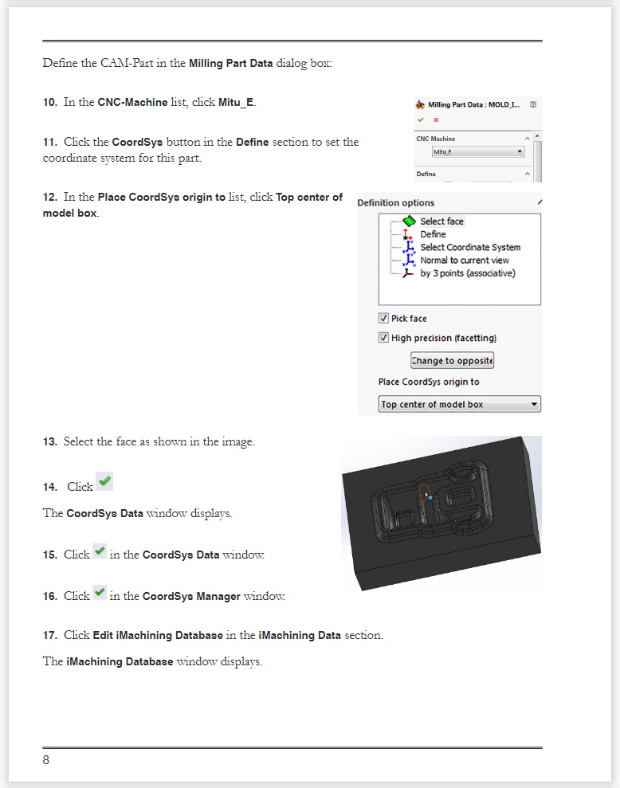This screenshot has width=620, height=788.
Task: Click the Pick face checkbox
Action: (383, 318)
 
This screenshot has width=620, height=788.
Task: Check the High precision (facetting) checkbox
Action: (383, 338)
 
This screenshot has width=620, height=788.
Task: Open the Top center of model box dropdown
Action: (459, 405)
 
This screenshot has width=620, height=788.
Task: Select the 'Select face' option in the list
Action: (441, 222)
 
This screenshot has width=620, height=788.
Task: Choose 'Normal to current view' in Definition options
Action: (464, 261)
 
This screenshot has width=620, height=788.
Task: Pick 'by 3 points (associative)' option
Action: (467, 273)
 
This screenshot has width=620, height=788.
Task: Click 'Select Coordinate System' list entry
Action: (470, 248)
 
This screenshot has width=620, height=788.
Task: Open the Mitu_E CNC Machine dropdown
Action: (477, 151)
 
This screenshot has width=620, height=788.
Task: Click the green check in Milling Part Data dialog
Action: (420, 120)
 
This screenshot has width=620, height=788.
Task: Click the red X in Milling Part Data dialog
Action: (436, 120)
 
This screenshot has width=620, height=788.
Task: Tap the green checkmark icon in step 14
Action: (104, 481)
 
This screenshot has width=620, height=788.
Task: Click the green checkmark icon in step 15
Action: (100, 551)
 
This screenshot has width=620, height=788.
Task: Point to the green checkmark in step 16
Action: (100, 592)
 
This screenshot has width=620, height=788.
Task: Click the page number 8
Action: (46, 760)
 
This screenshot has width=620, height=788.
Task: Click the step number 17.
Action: (50, 635)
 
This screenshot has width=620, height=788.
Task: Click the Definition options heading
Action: (395, 203)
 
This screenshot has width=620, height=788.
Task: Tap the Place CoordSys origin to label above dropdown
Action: (429, 382)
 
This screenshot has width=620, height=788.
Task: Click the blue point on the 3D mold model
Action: (430, 498)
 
